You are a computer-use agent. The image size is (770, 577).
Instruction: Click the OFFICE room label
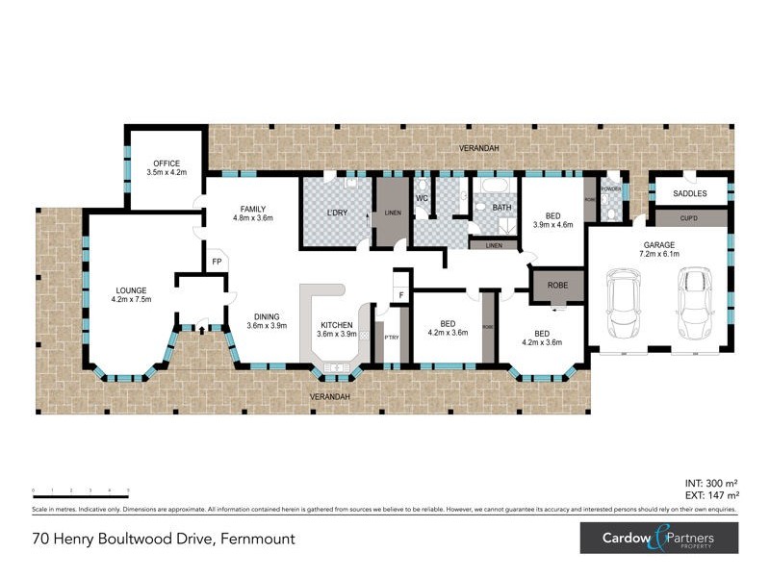click(166, 163)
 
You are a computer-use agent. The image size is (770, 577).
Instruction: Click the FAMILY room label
click(253, 209)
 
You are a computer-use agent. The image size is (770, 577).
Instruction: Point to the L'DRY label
click(336, 212)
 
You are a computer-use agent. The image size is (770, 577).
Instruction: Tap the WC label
click(422, 199)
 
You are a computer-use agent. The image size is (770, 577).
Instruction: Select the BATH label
click(501, 207)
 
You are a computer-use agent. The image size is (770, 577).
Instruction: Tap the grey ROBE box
click(557, 286)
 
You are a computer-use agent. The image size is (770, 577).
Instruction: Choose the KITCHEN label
click(336, 324)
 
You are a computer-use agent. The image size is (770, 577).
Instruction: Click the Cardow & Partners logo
click(658, 537)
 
